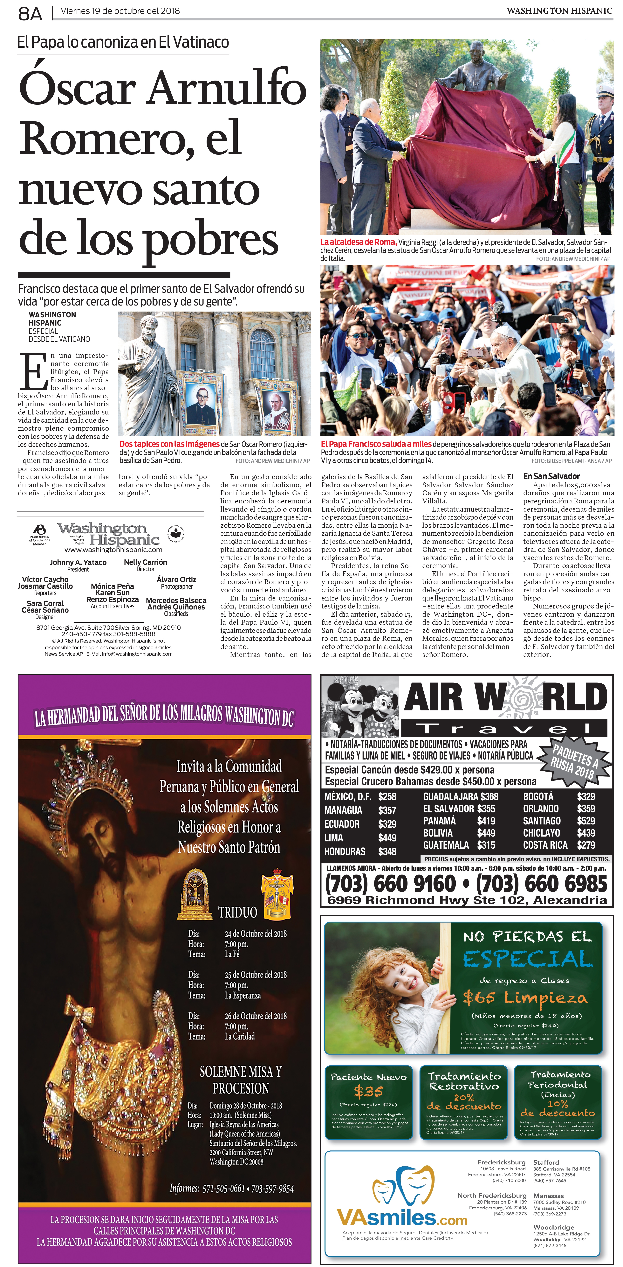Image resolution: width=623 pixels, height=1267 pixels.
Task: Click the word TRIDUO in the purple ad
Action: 238,912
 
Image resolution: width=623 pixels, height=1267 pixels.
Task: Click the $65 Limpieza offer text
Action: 525,997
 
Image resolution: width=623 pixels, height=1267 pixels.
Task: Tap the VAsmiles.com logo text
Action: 401,1218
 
